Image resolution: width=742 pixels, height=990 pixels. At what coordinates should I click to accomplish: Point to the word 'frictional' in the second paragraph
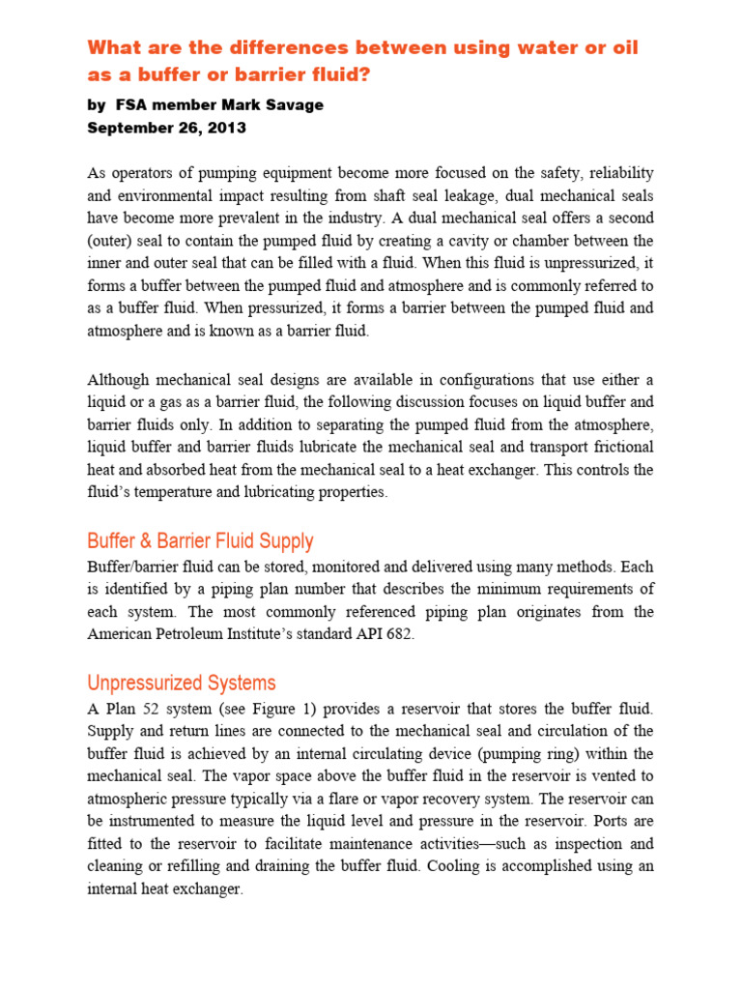[x=619, y=447]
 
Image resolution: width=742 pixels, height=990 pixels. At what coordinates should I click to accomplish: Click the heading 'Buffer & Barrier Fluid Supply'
[x=200, y=540]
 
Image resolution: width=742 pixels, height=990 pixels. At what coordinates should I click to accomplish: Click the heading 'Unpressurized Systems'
[x=182, y=683]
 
